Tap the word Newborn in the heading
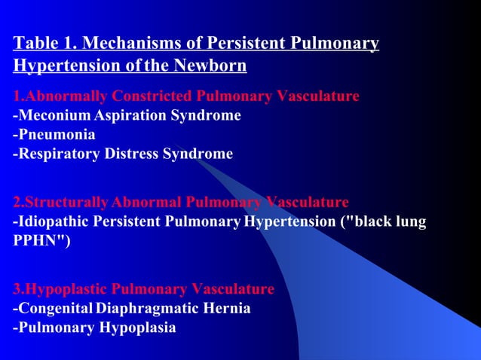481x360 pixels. tap(211, 66)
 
